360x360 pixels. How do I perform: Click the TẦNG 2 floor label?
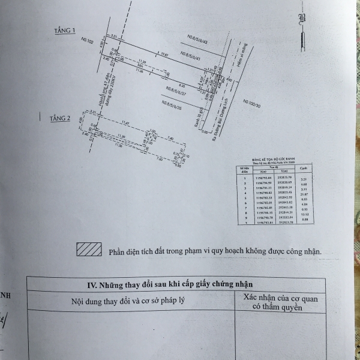click(x=61, y=119)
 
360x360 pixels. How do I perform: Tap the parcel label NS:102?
click(x=86, y=43)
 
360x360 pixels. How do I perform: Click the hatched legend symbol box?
click(x=89, y=250)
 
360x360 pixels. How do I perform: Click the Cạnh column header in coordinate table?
click(x=304, y=168)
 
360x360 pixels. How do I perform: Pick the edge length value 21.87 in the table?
click(x=304, y=194)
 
